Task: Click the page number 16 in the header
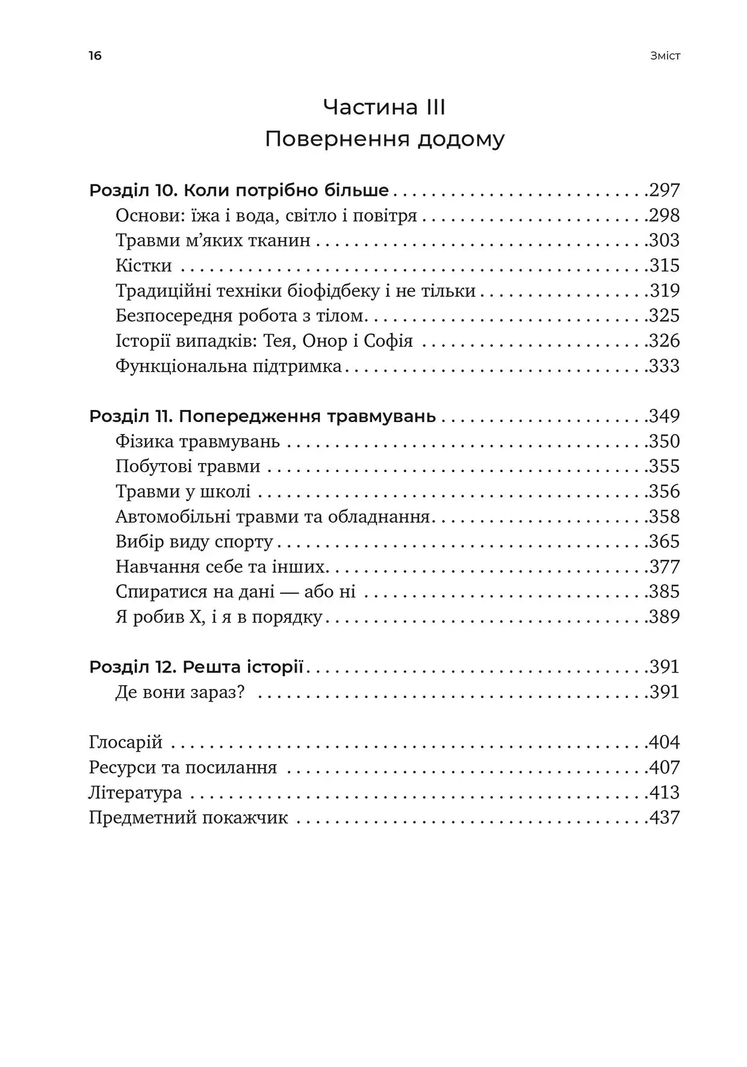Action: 95,56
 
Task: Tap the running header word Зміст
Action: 665,56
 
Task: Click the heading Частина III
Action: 384,107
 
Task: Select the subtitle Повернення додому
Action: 384,139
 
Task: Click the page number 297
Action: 665,191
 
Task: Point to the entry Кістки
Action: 144,266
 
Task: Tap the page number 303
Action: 665,241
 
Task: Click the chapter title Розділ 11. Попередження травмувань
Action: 262,416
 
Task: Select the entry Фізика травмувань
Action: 197,441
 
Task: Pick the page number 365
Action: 665,542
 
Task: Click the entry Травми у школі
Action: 183,491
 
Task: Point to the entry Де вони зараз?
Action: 180,692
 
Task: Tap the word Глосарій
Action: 126,742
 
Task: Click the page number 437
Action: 665,818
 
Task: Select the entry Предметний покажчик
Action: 188,818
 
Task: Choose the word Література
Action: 135,792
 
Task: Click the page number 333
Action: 665,366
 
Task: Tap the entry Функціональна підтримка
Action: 229,366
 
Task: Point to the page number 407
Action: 665,768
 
